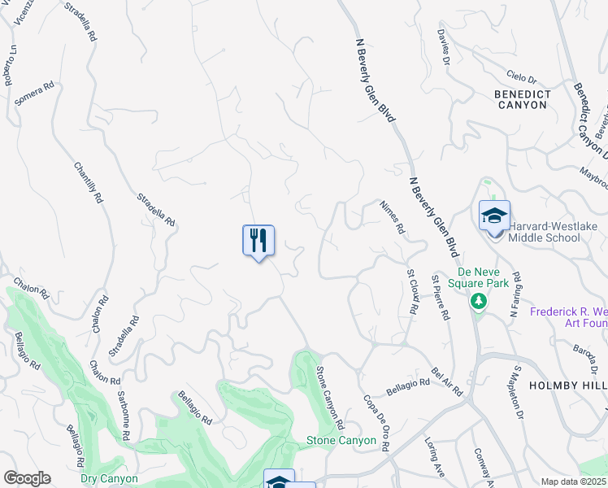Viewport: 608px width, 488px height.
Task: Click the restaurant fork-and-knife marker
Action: pyautogui.click(x=258, y=241)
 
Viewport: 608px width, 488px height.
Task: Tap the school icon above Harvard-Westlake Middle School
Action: pyautogui.click(x=494, y=216)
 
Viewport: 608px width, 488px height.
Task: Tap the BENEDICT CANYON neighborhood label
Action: pyautogui.click(x=523, y=99)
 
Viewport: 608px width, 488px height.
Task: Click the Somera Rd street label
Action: pyautogui.click(x=35, y=93)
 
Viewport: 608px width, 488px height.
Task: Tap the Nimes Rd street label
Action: pyautogui.click(x=393, y=217)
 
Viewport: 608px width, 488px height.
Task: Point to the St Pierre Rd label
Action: pyautogui.click(x=441, y=298)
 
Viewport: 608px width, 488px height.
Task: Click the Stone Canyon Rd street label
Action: pyautogui.click(x=330, y=398)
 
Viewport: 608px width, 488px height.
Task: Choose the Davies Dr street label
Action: pyautogui.click(x=443, y=47)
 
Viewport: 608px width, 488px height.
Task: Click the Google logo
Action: pyautogui.click(x=26, y=478)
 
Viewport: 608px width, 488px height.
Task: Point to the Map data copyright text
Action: pyautogui.click(x=573, y=481)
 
